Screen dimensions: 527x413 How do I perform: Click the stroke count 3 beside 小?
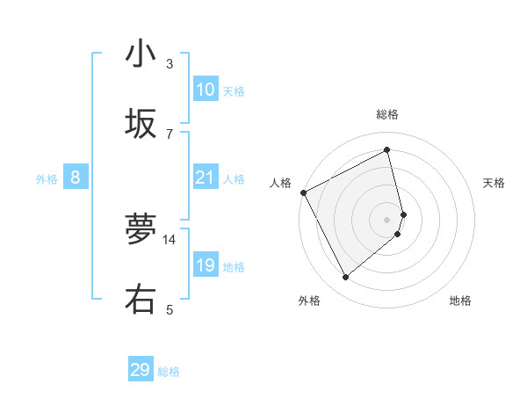click(x=170, y=63)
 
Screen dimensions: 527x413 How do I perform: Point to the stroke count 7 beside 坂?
click(x=170, y=134)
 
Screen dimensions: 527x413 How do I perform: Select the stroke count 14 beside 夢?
click(x=170, y=239)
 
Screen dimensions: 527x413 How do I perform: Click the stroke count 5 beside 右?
click(x=170, y=309)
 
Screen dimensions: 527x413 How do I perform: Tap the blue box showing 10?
click(x=206, y=90)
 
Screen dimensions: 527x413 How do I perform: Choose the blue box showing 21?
click(x=206, y=178)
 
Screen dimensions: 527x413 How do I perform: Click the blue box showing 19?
click(x=206, y=265)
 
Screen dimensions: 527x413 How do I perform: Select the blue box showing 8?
click(x=76, y=178)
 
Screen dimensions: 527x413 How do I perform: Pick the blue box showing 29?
click(x=141, y=370)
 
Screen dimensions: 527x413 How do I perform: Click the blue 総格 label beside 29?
click(x=170, y=372)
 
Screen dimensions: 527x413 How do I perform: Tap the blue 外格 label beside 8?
click(x=47, y=179)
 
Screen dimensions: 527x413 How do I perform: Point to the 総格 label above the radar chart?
click(x=387, y=114)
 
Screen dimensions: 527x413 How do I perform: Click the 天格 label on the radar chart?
click(x=495, y=183)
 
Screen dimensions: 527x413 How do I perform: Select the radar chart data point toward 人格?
click(x=303, y=192)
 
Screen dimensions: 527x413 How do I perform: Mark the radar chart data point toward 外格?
click(x=345, y=278)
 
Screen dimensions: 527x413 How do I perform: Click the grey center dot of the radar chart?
click(x=387, y=219)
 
